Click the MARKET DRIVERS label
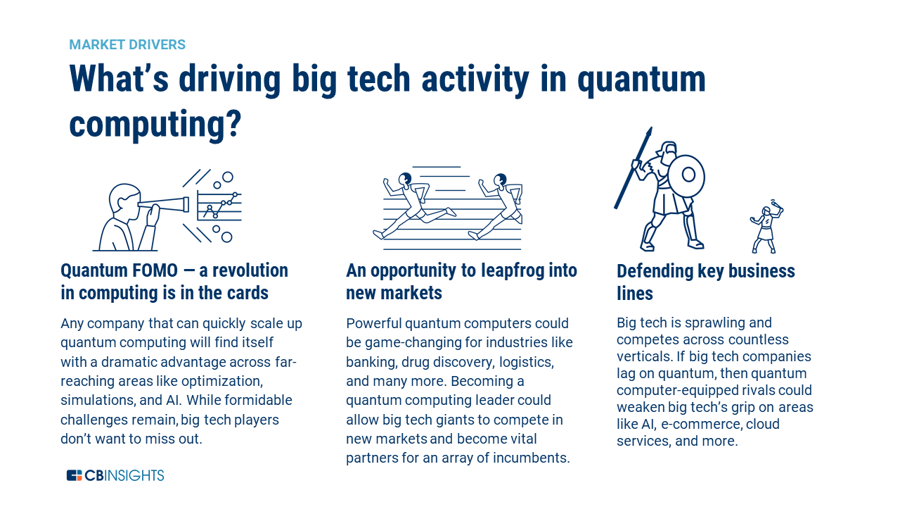tap(127, 44)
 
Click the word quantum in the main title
tap(641, 80)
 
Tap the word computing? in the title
tap(155, 125)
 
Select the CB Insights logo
tap(115, 475)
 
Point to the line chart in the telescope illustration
tap(219, 206)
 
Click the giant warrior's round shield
tap(687, 175)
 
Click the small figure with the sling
tap(766, 227)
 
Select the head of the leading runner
tap(501, 180)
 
